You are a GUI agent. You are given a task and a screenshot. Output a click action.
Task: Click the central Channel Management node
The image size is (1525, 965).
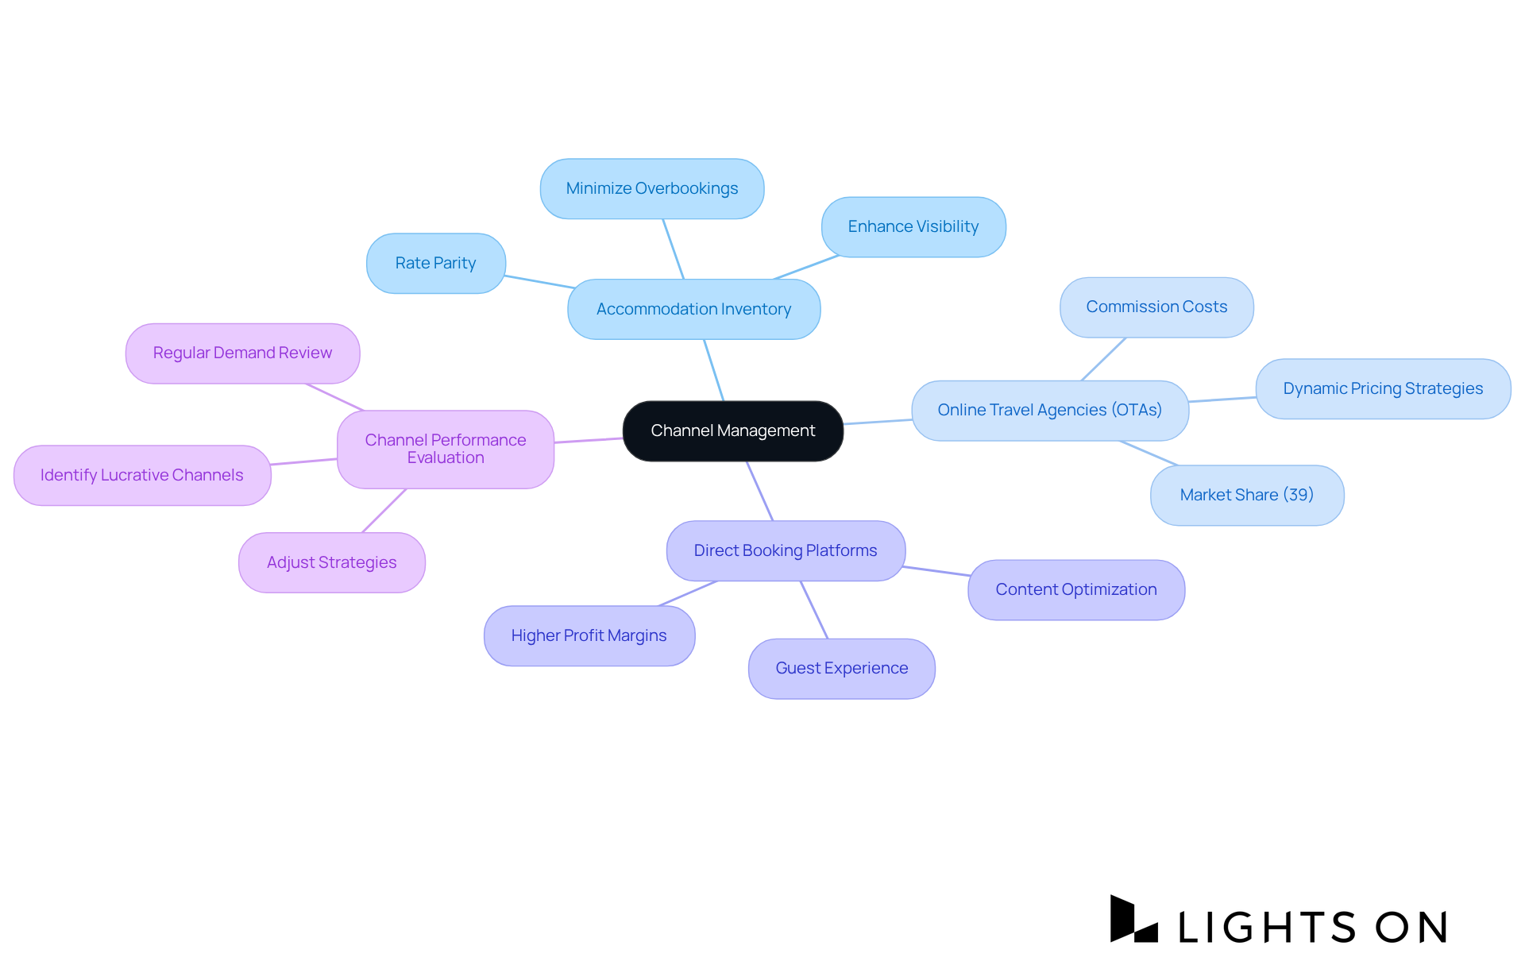(732, 430)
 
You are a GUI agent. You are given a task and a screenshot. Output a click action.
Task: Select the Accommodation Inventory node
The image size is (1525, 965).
(693, 309)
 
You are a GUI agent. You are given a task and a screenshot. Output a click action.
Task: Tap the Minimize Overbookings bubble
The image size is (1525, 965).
(651, 188)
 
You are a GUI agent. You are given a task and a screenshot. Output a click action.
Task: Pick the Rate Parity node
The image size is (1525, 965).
(435, 263)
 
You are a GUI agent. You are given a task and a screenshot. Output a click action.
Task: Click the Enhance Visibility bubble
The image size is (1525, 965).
(913, 226)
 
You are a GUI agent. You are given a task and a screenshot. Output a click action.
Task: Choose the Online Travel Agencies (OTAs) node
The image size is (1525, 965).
(1049, 410)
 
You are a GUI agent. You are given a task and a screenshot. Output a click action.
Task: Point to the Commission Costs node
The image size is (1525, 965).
(1156, 307)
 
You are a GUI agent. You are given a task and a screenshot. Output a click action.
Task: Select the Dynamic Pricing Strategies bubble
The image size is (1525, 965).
(1382, 388)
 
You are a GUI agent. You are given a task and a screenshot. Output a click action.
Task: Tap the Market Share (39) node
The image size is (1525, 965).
(1246, 495)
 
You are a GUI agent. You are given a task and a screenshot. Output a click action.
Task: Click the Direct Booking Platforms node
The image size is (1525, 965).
(785, 550)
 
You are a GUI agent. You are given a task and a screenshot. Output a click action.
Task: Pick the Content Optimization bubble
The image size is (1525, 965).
(1075, 589)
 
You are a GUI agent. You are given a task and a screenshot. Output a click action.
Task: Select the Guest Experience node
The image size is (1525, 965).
(841, 668)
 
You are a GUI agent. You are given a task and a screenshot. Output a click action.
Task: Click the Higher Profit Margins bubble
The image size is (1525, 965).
(589, 635)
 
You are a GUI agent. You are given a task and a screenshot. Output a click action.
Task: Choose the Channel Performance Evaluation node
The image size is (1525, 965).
(445, 449)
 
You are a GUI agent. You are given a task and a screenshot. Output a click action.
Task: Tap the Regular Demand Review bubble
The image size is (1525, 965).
(242, 353)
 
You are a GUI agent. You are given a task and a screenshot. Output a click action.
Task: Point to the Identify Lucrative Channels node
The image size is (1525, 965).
(142, 475)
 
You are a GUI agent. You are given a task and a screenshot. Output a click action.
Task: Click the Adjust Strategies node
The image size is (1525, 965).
(331, 562)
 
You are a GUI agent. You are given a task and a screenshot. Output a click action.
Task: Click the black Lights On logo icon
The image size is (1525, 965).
(1131, 921)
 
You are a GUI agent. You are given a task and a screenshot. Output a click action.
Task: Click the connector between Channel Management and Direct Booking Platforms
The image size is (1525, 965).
(759, 491)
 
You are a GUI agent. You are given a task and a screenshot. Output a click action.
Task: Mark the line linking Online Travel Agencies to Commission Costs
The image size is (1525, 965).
(1103, 359)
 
